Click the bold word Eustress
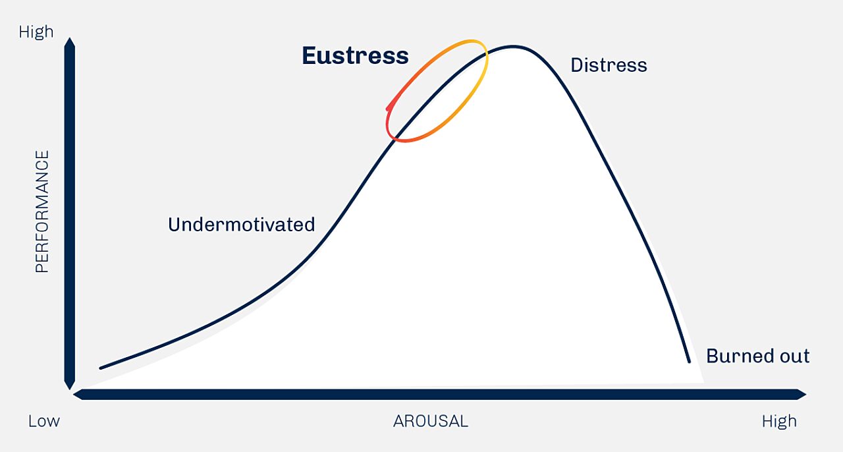click(355, 56)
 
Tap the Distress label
click(609, 65)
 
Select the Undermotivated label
click(241, 225)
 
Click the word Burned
click(738, 356)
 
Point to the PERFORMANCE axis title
click(41, 212)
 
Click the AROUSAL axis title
click(431, 421)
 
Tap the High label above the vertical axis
click(36, 32)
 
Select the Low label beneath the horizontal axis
click(43, 421)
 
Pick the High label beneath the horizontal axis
click(779, 421)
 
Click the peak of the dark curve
click(513, 46)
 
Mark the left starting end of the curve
click(101, 368)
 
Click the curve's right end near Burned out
click(689, 362)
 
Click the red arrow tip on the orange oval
click(388, 109)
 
